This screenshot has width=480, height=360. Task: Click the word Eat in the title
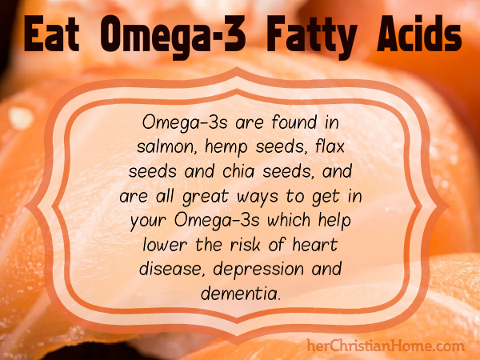52,34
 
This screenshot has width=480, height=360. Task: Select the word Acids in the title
419,34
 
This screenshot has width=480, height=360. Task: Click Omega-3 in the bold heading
173,38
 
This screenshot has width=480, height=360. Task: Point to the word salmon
166,147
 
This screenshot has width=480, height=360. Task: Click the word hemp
226,148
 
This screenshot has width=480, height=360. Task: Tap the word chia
238,171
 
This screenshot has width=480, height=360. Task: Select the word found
294,122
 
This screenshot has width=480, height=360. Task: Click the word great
206,197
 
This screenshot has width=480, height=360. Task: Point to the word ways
258,198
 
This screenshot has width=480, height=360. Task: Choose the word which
289,220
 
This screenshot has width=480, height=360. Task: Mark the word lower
165,245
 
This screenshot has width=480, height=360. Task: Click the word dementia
241,294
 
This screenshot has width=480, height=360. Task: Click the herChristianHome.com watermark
386,346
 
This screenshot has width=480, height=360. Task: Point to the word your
148,222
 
